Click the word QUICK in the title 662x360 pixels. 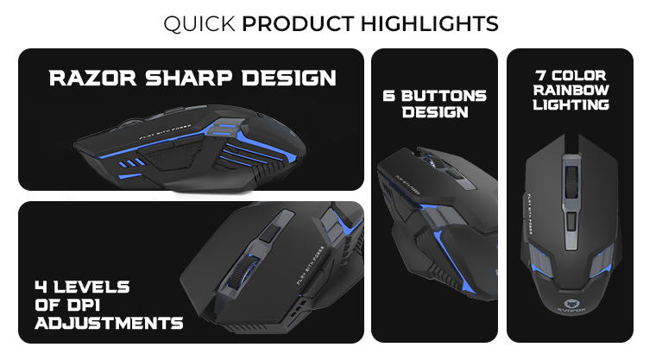pyautogui.click(x=199, y=23)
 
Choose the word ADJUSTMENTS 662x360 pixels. pyautogui.click(x=109, y=324)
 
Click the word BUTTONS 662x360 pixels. pyautogui.click(x=443, y=96)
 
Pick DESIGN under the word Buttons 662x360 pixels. pyautogui.click(x=434, y=112)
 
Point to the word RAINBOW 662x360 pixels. pyautogui.click(x=571, y=90)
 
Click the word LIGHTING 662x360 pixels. pyautogui.click(x=571, y=104)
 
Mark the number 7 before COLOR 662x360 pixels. pyautogui.click(x=541, y=75)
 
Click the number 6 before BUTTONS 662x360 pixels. pyautogui.click(x=389, y=96)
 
